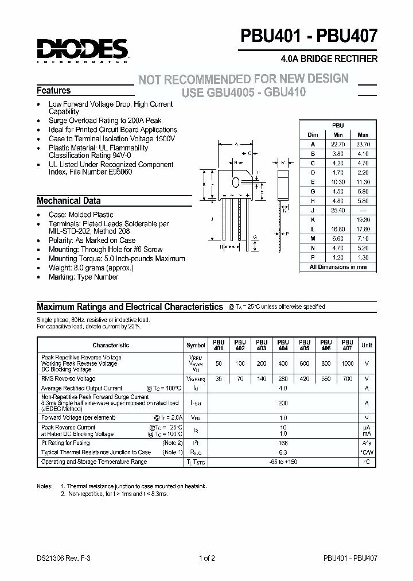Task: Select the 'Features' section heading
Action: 54,91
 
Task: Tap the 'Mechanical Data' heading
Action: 68,201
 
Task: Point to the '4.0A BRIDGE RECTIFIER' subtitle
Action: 329,59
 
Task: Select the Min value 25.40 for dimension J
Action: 338,211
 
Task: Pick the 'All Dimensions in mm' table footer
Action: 338,267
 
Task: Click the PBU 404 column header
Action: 282,345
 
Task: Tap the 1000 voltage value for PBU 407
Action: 347,364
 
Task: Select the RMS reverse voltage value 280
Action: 282,379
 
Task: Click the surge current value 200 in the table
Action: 282,404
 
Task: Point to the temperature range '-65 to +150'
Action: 282,462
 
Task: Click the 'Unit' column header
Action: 367,345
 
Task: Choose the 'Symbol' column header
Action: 196,345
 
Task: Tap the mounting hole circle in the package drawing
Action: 236,182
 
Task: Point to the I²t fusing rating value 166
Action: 282,443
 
